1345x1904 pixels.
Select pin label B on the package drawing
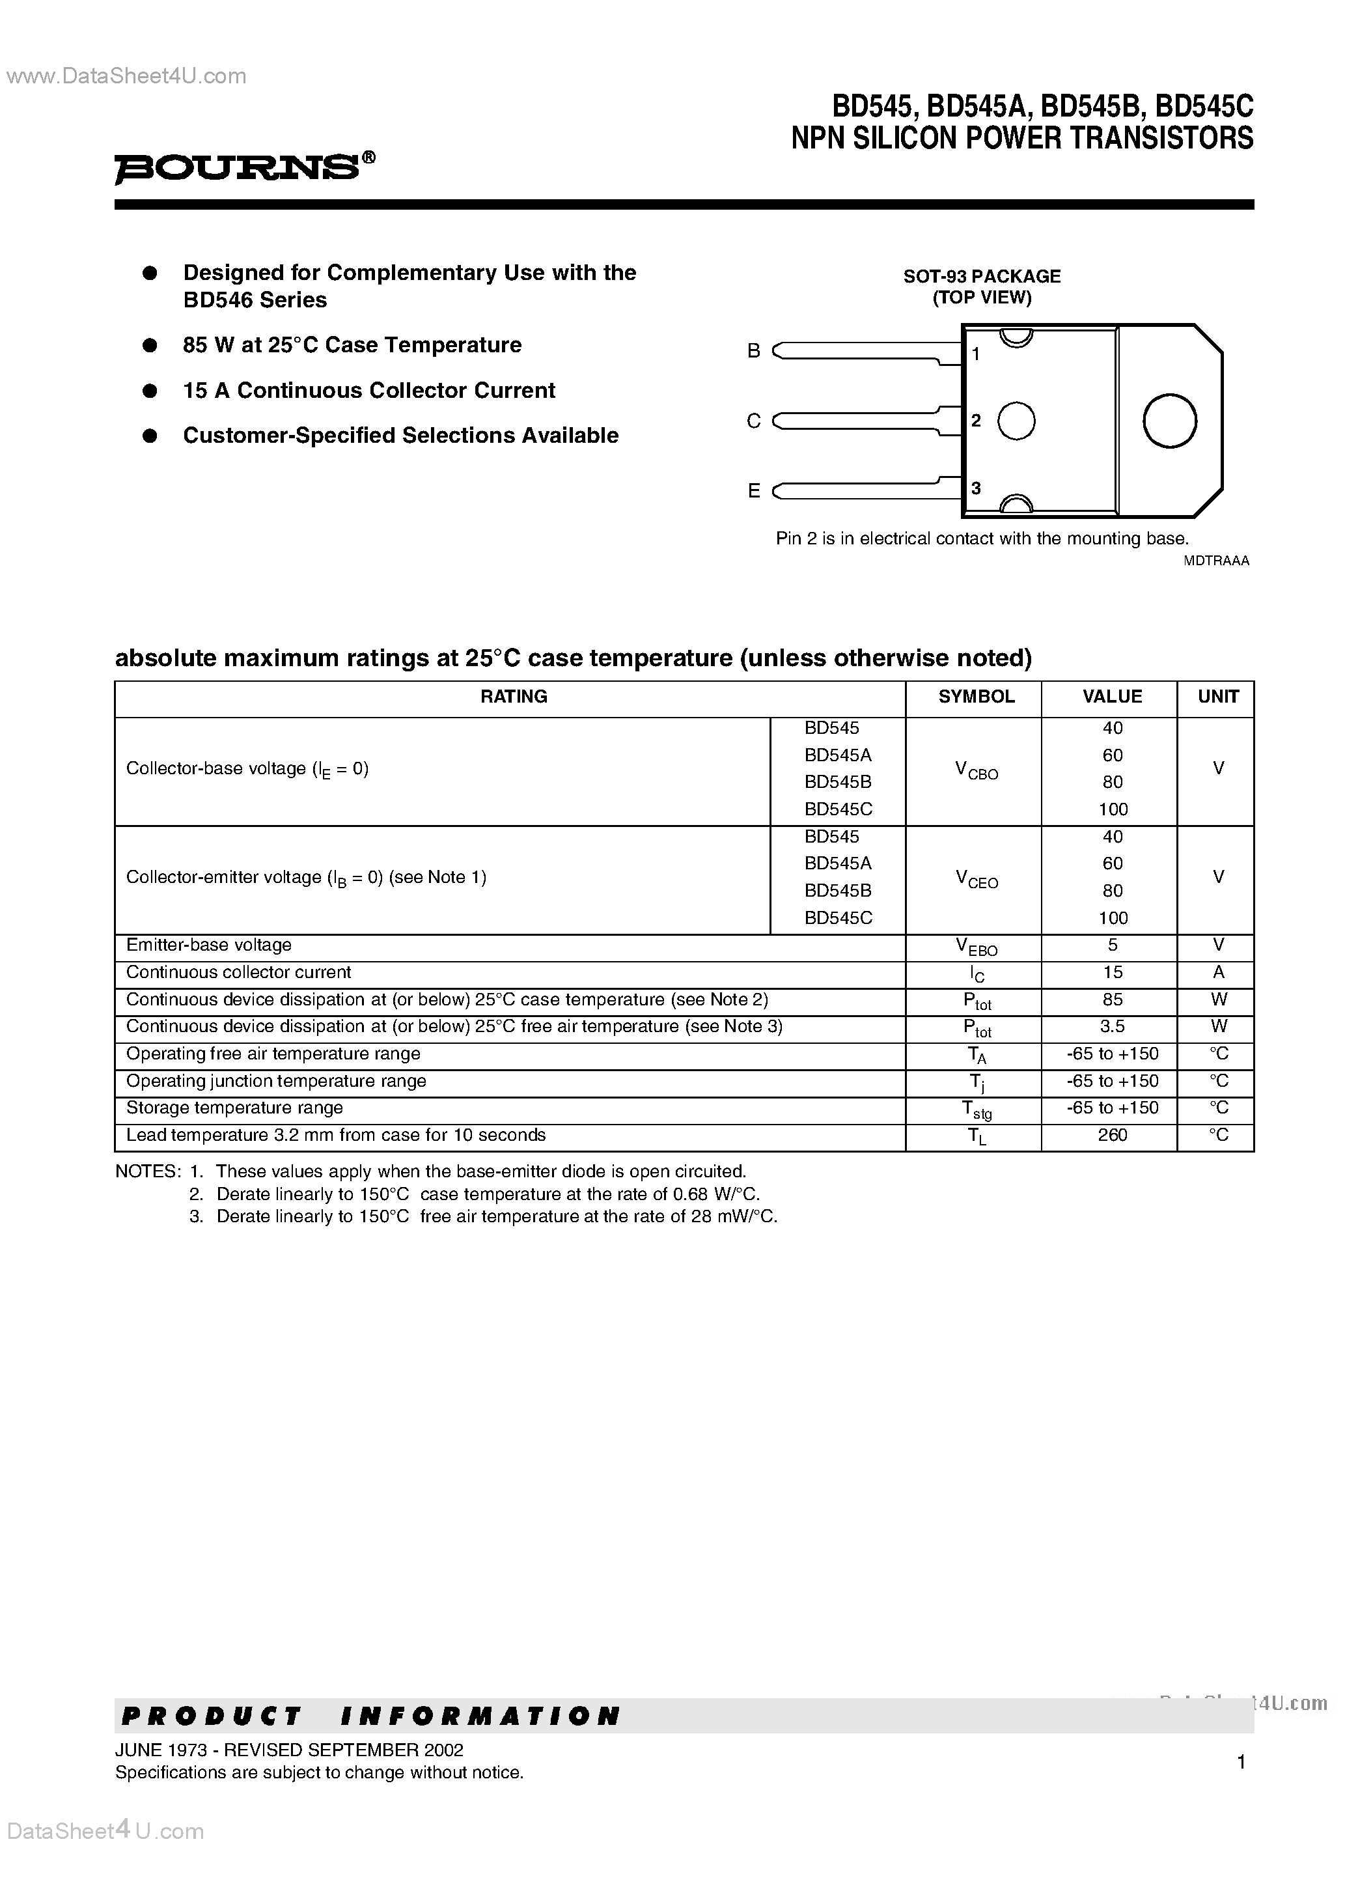[x=753, y=351]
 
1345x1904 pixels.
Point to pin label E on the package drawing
[x=753, y=491]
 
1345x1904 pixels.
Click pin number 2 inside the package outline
[x=976, y=421]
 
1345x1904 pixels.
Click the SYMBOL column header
[x=975, y=697]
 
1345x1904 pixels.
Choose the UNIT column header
[x=1217, y=697]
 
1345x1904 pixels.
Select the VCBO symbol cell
[x=976, y=771]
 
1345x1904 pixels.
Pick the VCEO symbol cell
[x=976, y=879]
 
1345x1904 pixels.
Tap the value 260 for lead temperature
[x=1111, y=1134]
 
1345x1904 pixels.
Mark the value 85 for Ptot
[x=1111, y=1000]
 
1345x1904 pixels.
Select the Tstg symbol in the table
[x=976, y=1110]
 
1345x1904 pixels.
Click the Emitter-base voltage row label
[x=209, y=945]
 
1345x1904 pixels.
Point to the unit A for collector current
[x=1218, y=972]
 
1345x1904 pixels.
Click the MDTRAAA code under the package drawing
[x=1215, y=561]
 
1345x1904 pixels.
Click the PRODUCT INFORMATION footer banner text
[x=370, y=1715]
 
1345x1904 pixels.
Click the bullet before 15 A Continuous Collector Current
[x=150, y=391]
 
